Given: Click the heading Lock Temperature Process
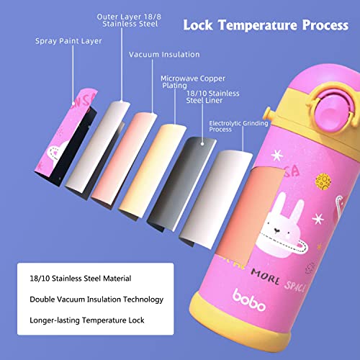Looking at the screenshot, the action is point(266,25).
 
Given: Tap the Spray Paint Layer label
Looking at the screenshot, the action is point(68,41).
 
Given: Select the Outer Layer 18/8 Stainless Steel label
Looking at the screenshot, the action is point(129,20).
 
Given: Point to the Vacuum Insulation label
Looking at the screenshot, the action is point(164,55).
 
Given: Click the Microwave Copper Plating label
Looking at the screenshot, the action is point(193,82).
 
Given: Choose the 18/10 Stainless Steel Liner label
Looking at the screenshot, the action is point(213,96).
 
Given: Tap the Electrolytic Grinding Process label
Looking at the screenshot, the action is point(238,126).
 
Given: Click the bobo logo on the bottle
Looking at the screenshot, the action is point(249,300).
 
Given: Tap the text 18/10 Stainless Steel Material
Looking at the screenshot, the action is point(81,279).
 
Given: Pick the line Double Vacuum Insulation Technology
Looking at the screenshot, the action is point(96,300).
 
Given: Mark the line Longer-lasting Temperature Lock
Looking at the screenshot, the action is point(87,320).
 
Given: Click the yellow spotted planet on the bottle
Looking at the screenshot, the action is point(323,181).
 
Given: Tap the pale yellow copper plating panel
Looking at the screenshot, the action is point(153,171).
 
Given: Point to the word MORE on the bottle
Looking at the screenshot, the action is point(265,277).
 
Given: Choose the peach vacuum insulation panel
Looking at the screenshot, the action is point(125,158).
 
